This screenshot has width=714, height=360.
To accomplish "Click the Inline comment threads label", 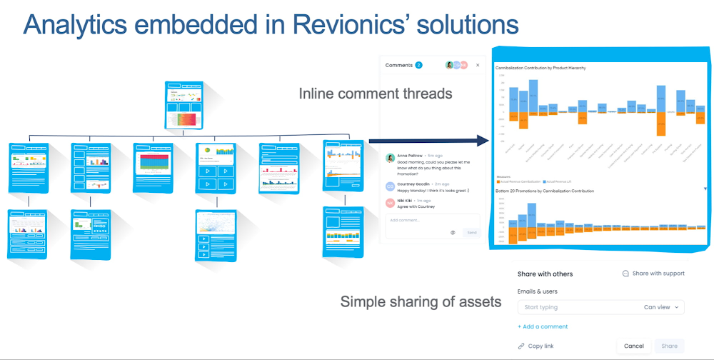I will point(375,94).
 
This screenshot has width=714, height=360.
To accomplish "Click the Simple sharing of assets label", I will point(421,301).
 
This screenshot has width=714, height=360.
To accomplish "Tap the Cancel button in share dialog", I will point(633,346).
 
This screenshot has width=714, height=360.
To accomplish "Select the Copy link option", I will point(539,346).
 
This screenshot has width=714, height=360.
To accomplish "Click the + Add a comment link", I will point(543,326).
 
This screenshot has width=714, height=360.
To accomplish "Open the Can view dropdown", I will point(663,307).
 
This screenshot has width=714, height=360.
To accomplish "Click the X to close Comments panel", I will point(478,65).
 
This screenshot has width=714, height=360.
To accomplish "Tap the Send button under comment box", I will point(472,232).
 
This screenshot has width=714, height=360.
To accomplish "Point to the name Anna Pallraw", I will point(410,155).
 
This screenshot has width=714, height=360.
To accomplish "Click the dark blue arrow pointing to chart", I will point(428,142).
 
